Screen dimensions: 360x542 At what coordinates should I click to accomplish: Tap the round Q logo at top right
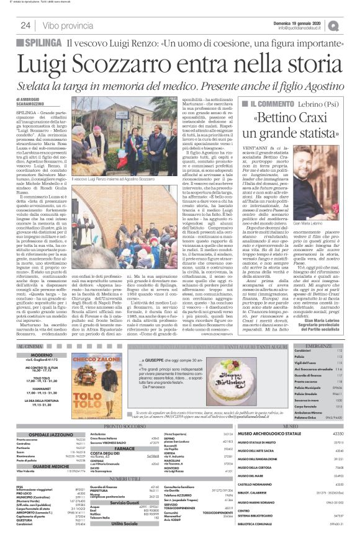(351, 25)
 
